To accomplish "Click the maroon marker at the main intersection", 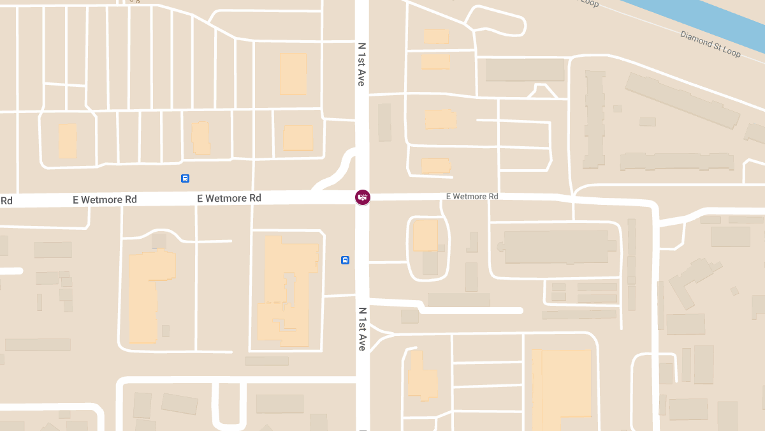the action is point(363,197).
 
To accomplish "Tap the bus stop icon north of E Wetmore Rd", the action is point(185,179).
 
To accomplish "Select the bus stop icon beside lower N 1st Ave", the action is point(345,260).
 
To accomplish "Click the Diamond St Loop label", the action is point(710,44).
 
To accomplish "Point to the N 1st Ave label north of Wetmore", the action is point(361,64).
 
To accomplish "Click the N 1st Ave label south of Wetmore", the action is point(361,329).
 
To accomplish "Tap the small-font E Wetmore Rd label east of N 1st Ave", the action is point(472,197).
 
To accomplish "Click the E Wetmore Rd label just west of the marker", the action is point(229,199).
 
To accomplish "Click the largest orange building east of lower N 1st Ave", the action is point(561,386).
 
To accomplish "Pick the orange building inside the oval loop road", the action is point(425,235).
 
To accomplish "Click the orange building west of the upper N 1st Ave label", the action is point(293,74).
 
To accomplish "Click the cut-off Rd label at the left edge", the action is point(6,201).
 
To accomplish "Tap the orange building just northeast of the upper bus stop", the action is point(201,137).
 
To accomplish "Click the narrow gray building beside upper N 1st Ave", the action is point(384,122).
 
